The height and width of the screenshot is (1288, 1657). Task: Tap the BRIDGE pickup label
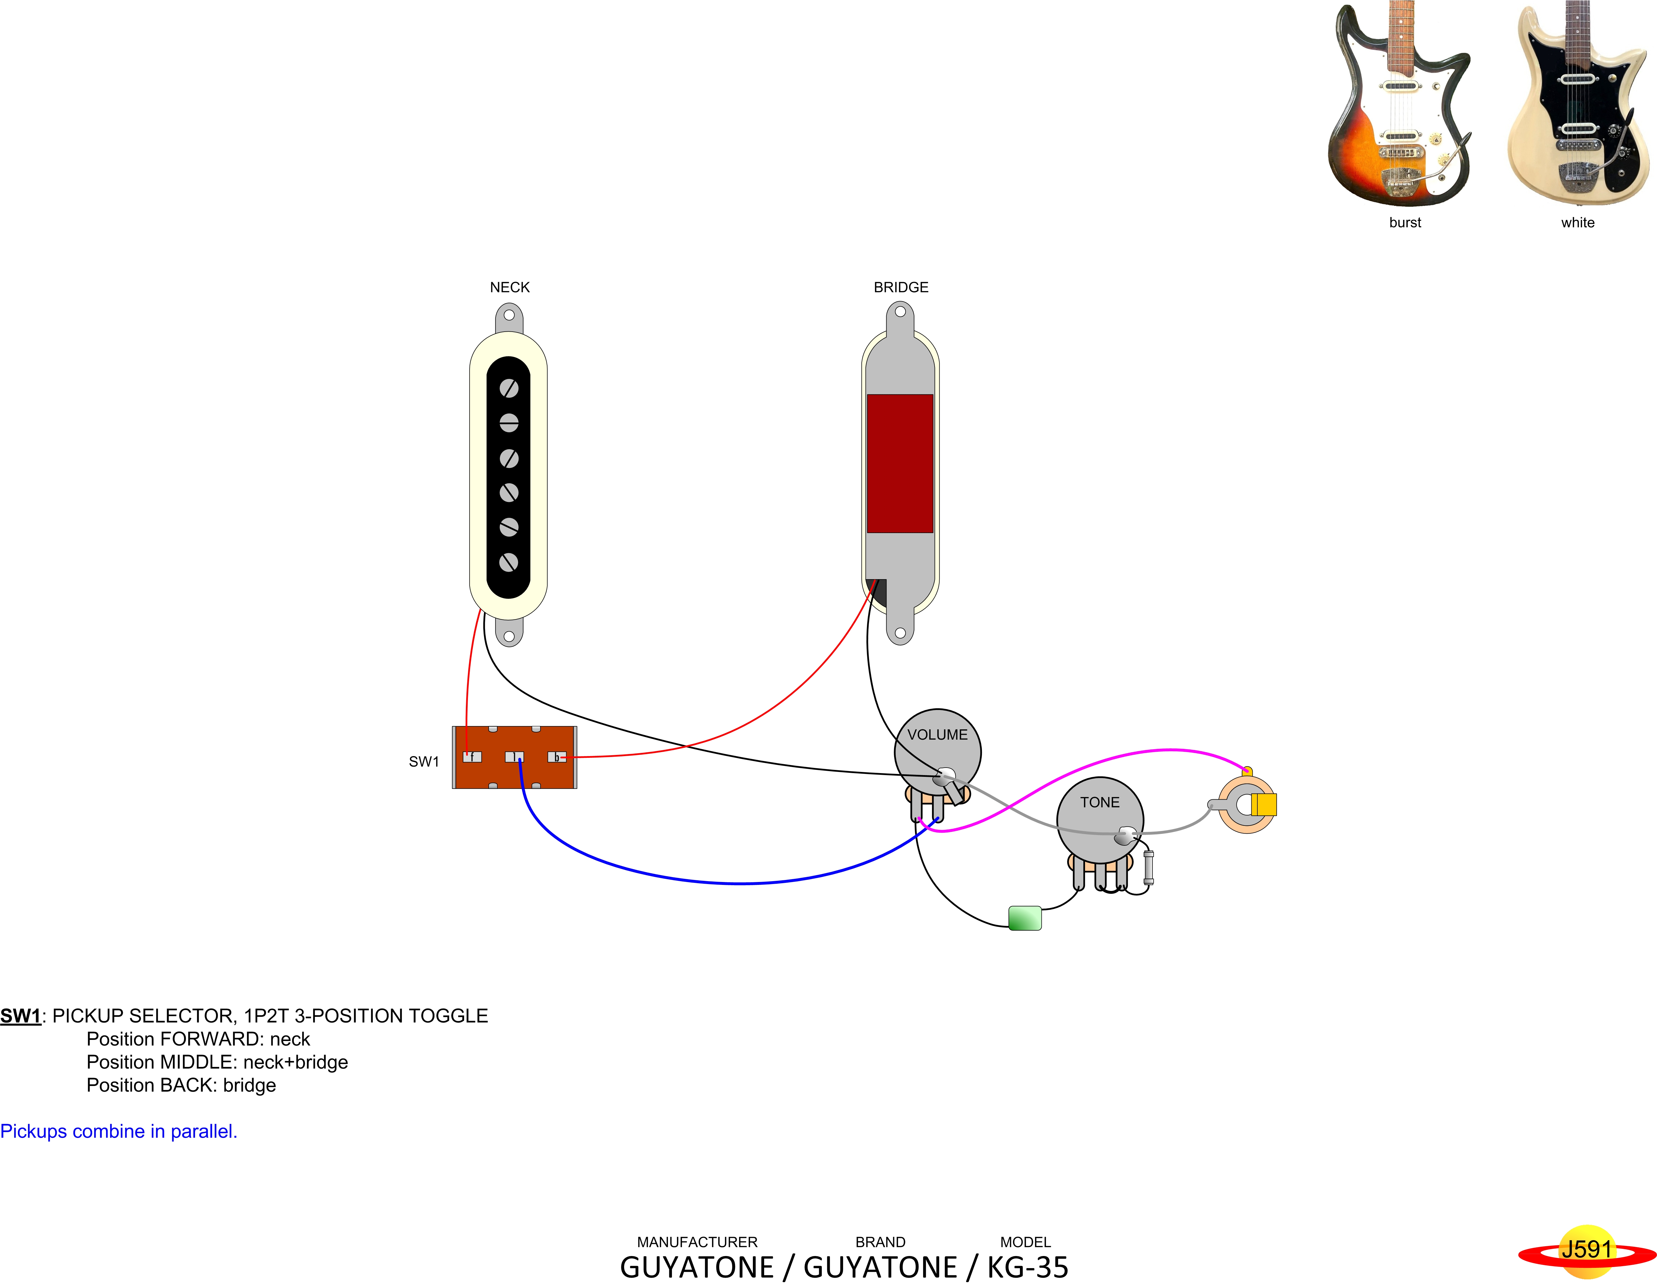pyautogui.click(x=901, y=288)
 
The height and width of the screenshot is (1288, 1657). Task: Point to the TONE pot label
pyautogui.click(x=1099, y=802)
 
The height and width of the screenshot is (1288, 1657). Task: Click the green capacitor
pyautogui.click(x=1024, y=918)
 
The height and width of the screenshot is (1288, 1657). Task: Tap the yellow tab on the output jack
pyautogui.click(x=1264, y=804)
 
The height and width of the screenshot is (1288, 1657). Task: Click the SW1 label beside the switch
pyautogui.click(x=423, y=762)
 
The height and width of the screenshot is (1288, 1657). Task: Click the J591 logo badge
pyautogui.click(x=1586, y=1249)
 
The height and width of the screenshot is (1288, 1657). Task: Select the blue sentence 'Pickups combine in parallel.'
pyautogui.click(x=118, y=1131)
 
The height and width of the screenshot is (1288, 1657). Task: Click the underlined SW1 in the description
pyautogui.click(x=20, y=1016)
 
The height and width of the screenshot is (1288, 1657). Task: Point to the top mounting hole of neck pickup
pyautogui.click(x=509, y=315)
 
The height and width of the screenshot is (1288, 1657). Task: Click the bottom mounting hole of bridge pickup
pyautogui.click(x=900, y=633)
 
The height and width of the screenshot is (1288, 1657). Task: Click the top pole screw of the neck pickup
pyautogui.click(x=509, y=388)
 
